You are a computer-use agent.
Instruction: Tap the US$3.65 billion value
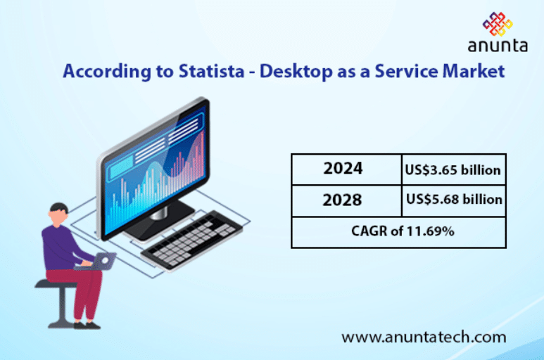(x=453, y=169)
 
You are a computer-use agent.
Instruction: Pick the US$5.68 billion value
(x=454, y=200)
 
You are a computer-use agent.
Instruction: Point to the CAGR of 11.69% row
(x=398, y=231)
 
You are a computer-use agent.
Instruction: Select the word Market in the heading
(x=473, y=71)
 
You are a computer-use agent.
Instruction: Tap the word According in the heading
(x=96, y=71)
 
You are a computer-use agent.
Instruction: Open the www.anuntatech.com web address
(x=424, y=337)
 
